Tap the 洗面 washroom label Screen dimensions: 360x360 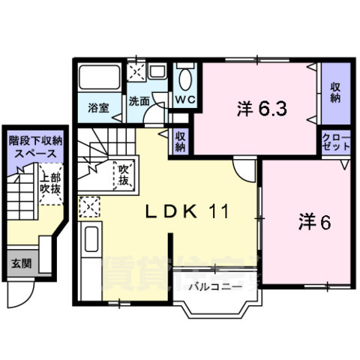137,100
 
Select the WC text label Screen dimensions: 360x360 185,99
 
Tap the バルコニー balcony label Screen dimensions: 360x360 214,286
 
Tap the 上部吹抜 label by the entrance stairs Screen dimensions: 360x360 49,183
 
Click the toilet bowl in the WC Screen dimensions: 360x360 187,78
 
